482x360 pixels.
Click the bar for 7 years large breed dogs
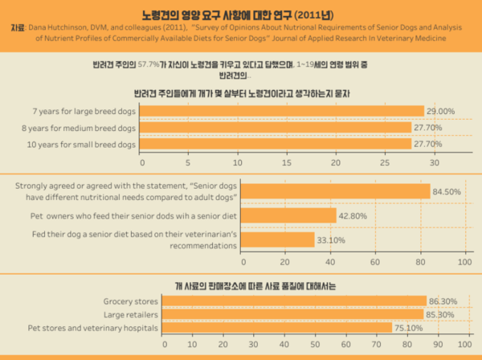(x=281, y=111)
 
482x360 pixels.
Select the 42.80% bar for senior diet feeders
(x=288, y=215)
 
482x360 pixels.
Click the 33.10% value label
(x=331, y=239)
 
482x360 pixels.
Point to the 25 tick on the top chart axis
(x=386, y=162)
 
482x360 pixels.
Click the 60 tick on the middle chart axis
(x=374, y=262)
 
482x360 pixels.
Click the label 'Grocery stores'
(x=131, y=301)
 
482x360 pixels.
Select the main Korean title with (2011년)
(x=241, y=14)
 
